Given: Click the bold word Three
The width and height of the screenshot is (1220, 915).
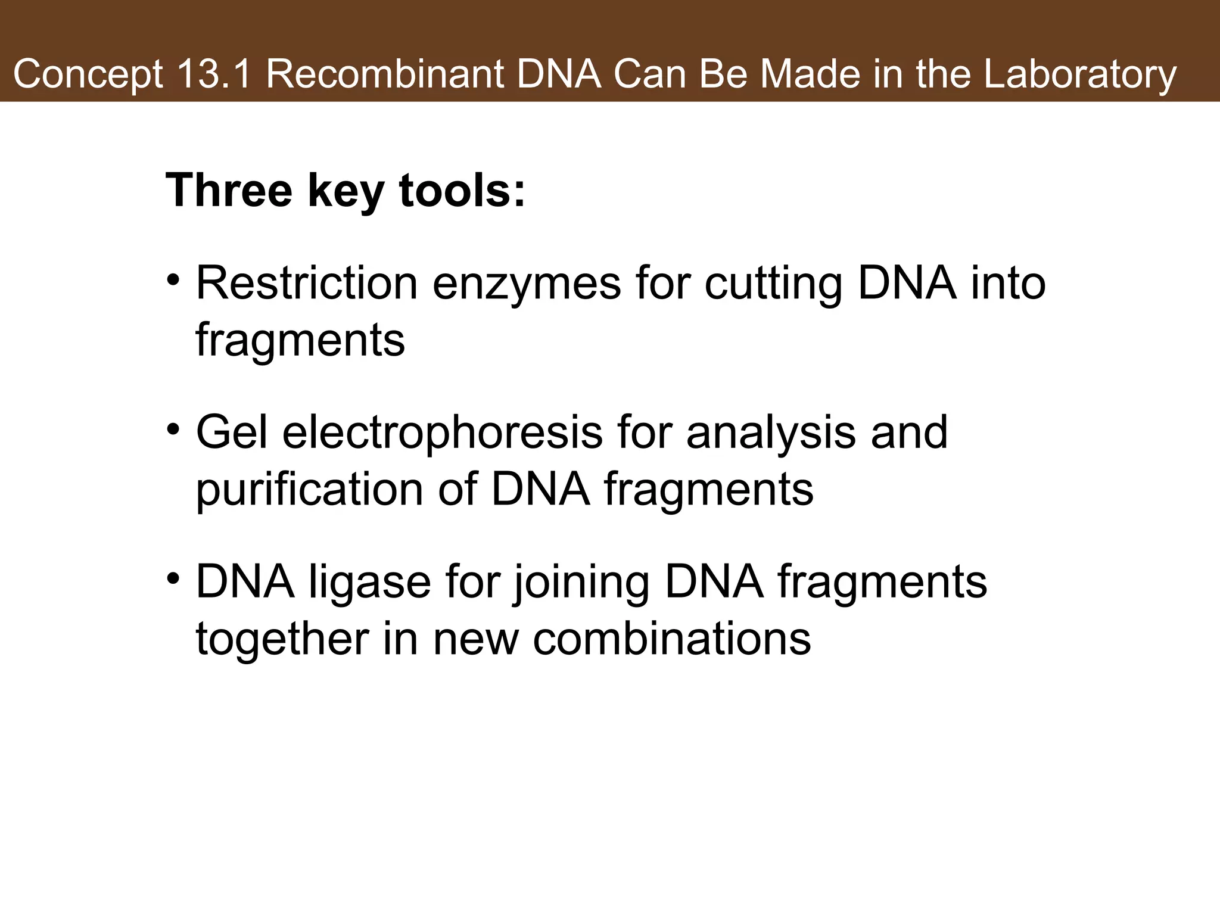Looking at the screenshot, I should pos(229,190).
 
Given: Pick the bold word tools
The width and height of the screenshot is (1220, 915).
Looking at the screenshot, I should pos(462,190).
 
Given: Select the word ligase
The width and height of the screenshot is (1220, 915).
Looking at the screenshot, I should pos(369,581).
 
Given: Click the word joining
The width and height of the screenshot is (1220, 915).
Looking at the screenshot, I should pos(581,581).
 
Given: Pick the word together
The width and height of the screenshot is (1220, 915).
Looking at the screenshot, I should pos(281,639).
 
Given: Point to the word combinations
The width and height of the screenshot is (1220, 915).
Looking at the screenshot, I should pos(671,639).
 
